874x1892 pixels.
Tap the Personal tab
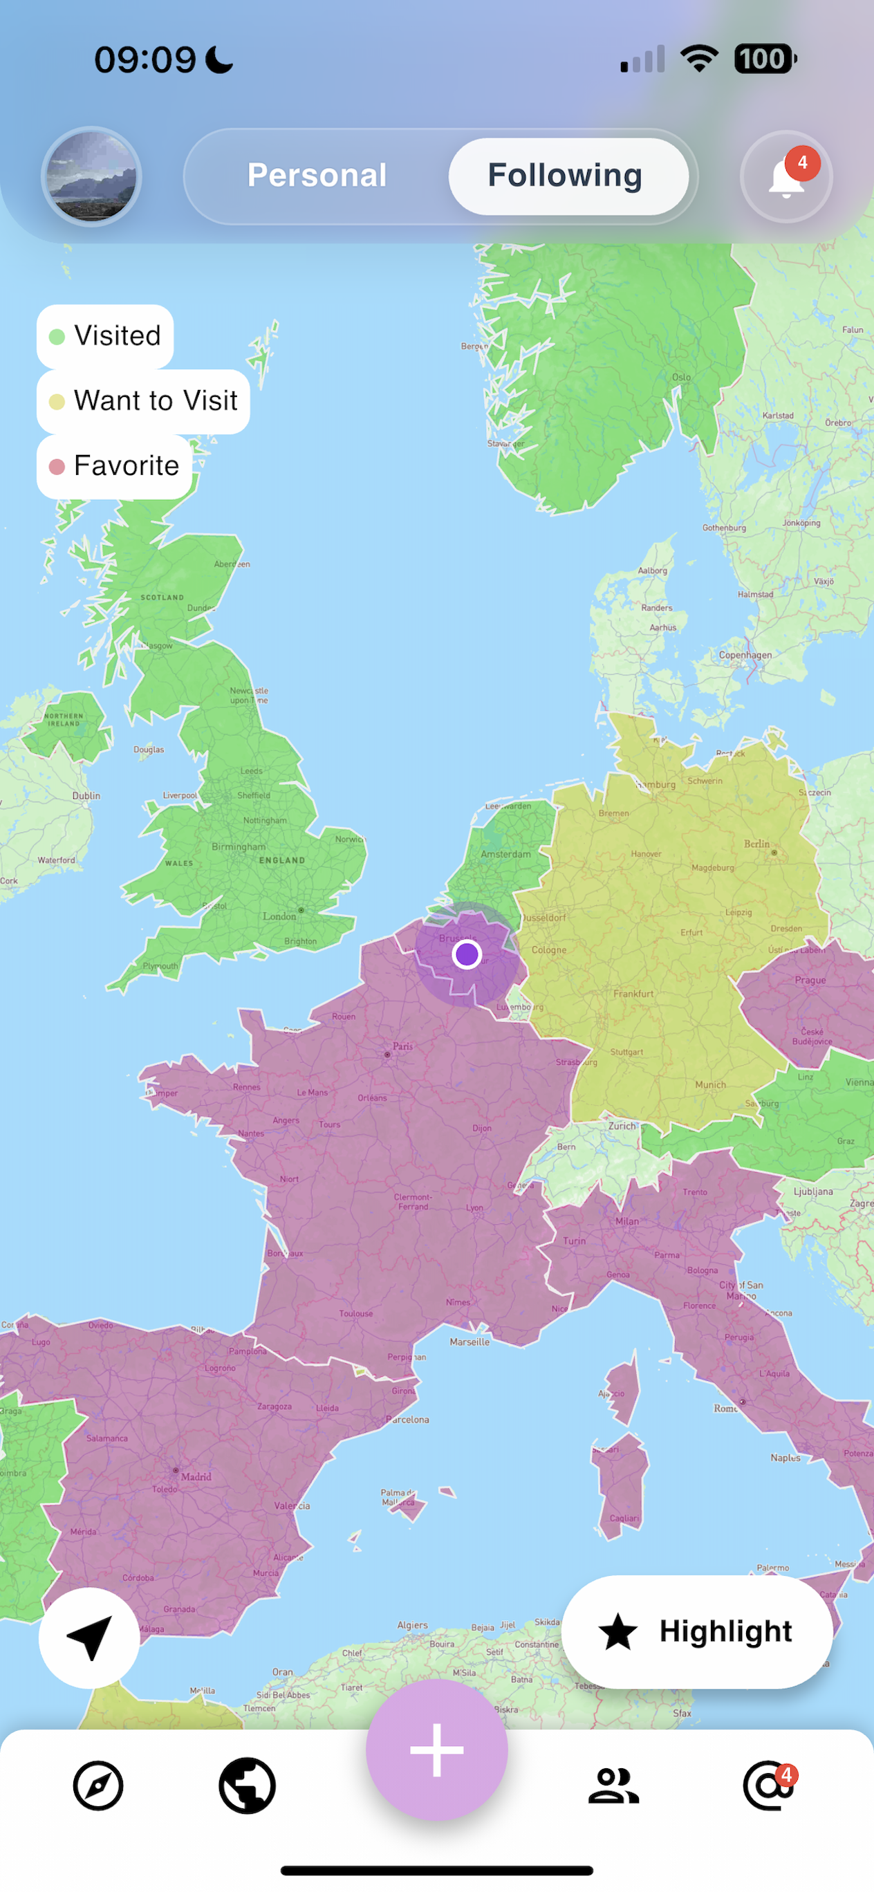[317, 176]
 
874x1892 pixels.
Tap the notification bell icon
[786, 177]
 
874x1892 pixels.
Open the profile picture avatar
[91, 177]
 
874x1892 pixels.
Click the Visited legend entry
[105, 336]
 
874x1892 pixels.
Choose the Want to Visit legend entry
[143, 401]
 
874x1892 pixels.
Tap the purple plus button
[437, 1750]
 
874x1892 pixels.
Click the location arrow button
[90, 1638]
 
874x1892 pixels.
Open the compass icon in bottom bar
[98, 1785]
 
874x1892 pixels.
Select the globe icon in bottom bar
[247, 1785]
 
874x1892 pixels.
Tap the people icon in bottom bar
[614, 1785]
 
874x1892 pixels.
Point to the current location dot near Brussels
[466, 954]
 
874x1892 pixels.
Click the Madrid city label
[196, 1476]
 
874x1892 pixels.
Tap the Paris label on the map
[402, 1046]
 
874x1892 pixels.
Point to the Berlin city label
[756, 844]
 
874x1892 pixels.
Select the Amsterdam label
[505, 854]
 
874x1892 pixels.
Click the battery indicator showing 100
[765, 59]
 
